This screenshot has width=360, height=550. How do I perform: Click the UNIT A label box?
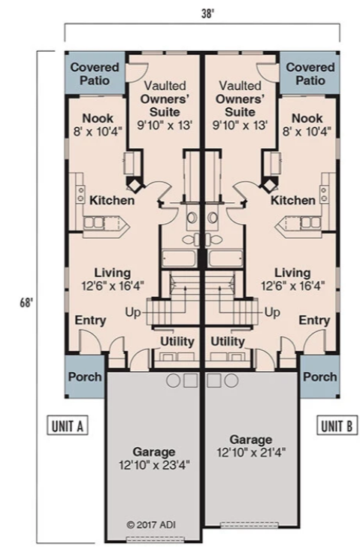click(68, 425)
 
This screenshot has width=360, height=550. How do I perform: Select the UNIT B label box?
click(337, 425)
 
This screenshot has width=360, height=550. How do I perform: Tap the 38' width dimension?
click(207, 14)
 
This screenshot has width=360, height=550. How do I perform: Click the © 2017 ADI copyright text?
click(151, 524)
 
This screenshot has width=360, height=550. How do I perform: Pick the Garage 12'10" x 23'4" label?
click(154, 458)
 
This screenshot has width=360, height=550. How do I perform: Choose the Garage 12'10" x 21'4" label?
click(251, 446)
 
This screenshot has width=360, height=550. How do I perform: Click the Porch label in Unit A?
click(85, 377)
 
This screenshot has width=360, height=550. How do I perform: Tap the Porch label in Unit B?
click(320, 377)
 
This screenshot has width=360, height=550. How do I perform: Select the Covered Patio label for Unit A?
click(95, 74)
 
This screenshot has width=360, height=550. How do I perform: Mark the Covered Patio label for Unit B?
click(310, 74)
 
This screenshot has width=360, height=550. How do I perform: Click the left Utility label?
click(177, 341)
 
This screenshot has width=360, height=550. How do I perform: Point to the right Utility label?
click(228, 341)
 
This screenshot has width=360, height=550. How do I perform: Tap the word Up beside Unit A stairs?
click(133, 312)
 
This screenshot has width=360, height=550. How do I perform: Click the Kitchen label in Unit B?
click(292, 201)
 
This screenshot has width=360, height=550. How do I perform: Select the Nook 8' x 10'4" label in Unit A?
click(98, 125)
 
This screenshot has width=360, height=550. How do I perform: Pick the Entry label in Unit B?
click(314, 320)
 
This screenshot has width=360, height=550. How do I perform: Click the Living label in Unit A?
click(112, 273)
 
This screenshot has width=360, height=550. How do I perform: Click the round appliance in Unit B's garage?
click(231, 380)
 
